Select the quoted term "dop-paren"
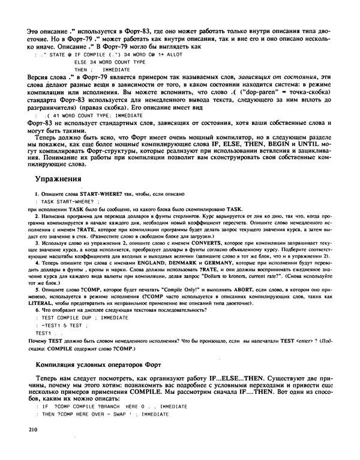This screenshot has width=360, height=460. [x=263, y=93]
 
